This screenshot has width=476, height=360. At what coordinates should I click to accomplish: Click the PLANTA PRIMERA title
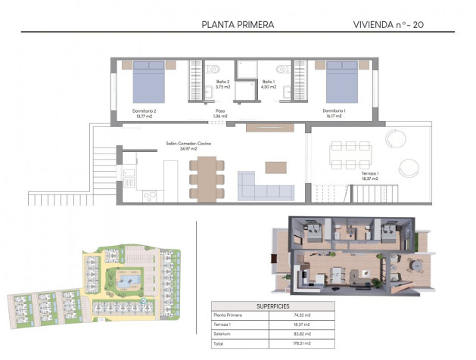point(238,24)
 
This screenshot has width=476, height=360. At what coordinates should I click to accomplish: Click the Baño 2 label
point(222,84)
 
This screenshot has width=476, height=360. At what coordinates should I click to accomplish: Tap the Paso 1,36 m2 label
point(220,113)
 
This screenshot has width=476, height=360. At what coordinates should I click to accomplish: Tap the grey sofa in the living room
point(265,187)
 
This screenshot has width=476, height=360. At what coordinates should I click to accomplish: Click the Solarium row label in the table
point(225,333)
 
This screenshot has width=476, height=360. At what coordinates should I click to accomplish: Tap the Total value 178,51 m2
point(301,342)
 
